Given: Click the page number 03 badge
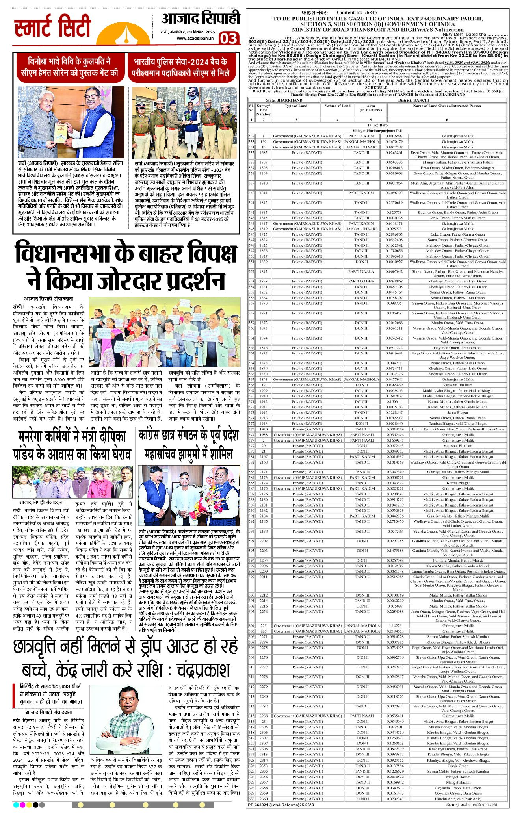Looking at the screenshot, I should click(229, 39).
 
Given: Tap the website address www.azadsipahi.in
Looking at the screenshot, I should click(195, 38).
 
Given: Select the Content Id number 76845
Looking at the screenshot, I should click(370, 13).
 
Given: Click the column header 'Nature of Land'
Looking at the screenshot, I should click(337, 106).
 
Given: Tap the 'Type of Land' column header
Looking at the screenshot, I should click(296, 106).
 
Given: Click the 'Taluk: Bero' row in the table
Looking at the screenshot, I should click(378, 125).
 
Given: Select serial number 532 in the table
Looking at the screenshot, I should click(251, 136).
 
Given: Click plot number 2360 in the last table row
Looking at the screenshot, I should click(264, 799).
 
